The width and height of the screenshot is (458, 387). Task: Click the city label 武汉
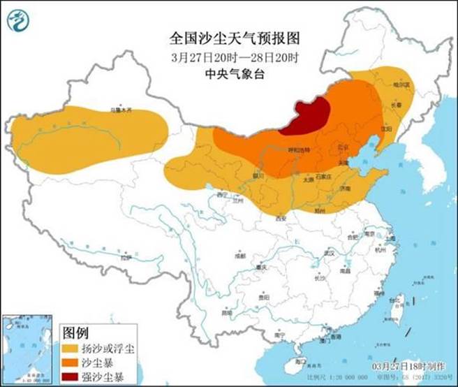327,252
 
